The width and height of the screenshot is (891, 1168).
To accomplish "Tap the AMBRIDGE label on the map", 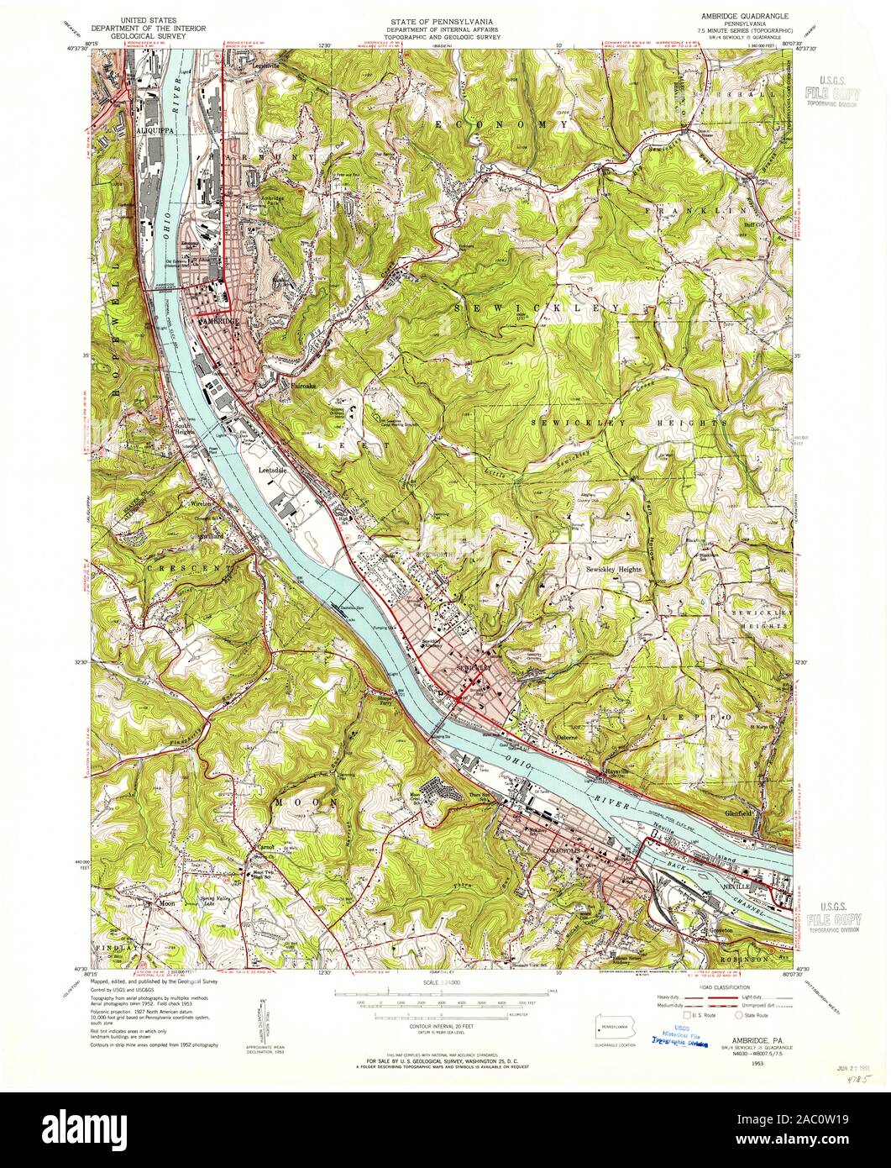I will coord(220,322).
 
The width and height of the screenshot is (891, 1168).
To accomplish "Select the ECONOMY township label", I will coord(501,124).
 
